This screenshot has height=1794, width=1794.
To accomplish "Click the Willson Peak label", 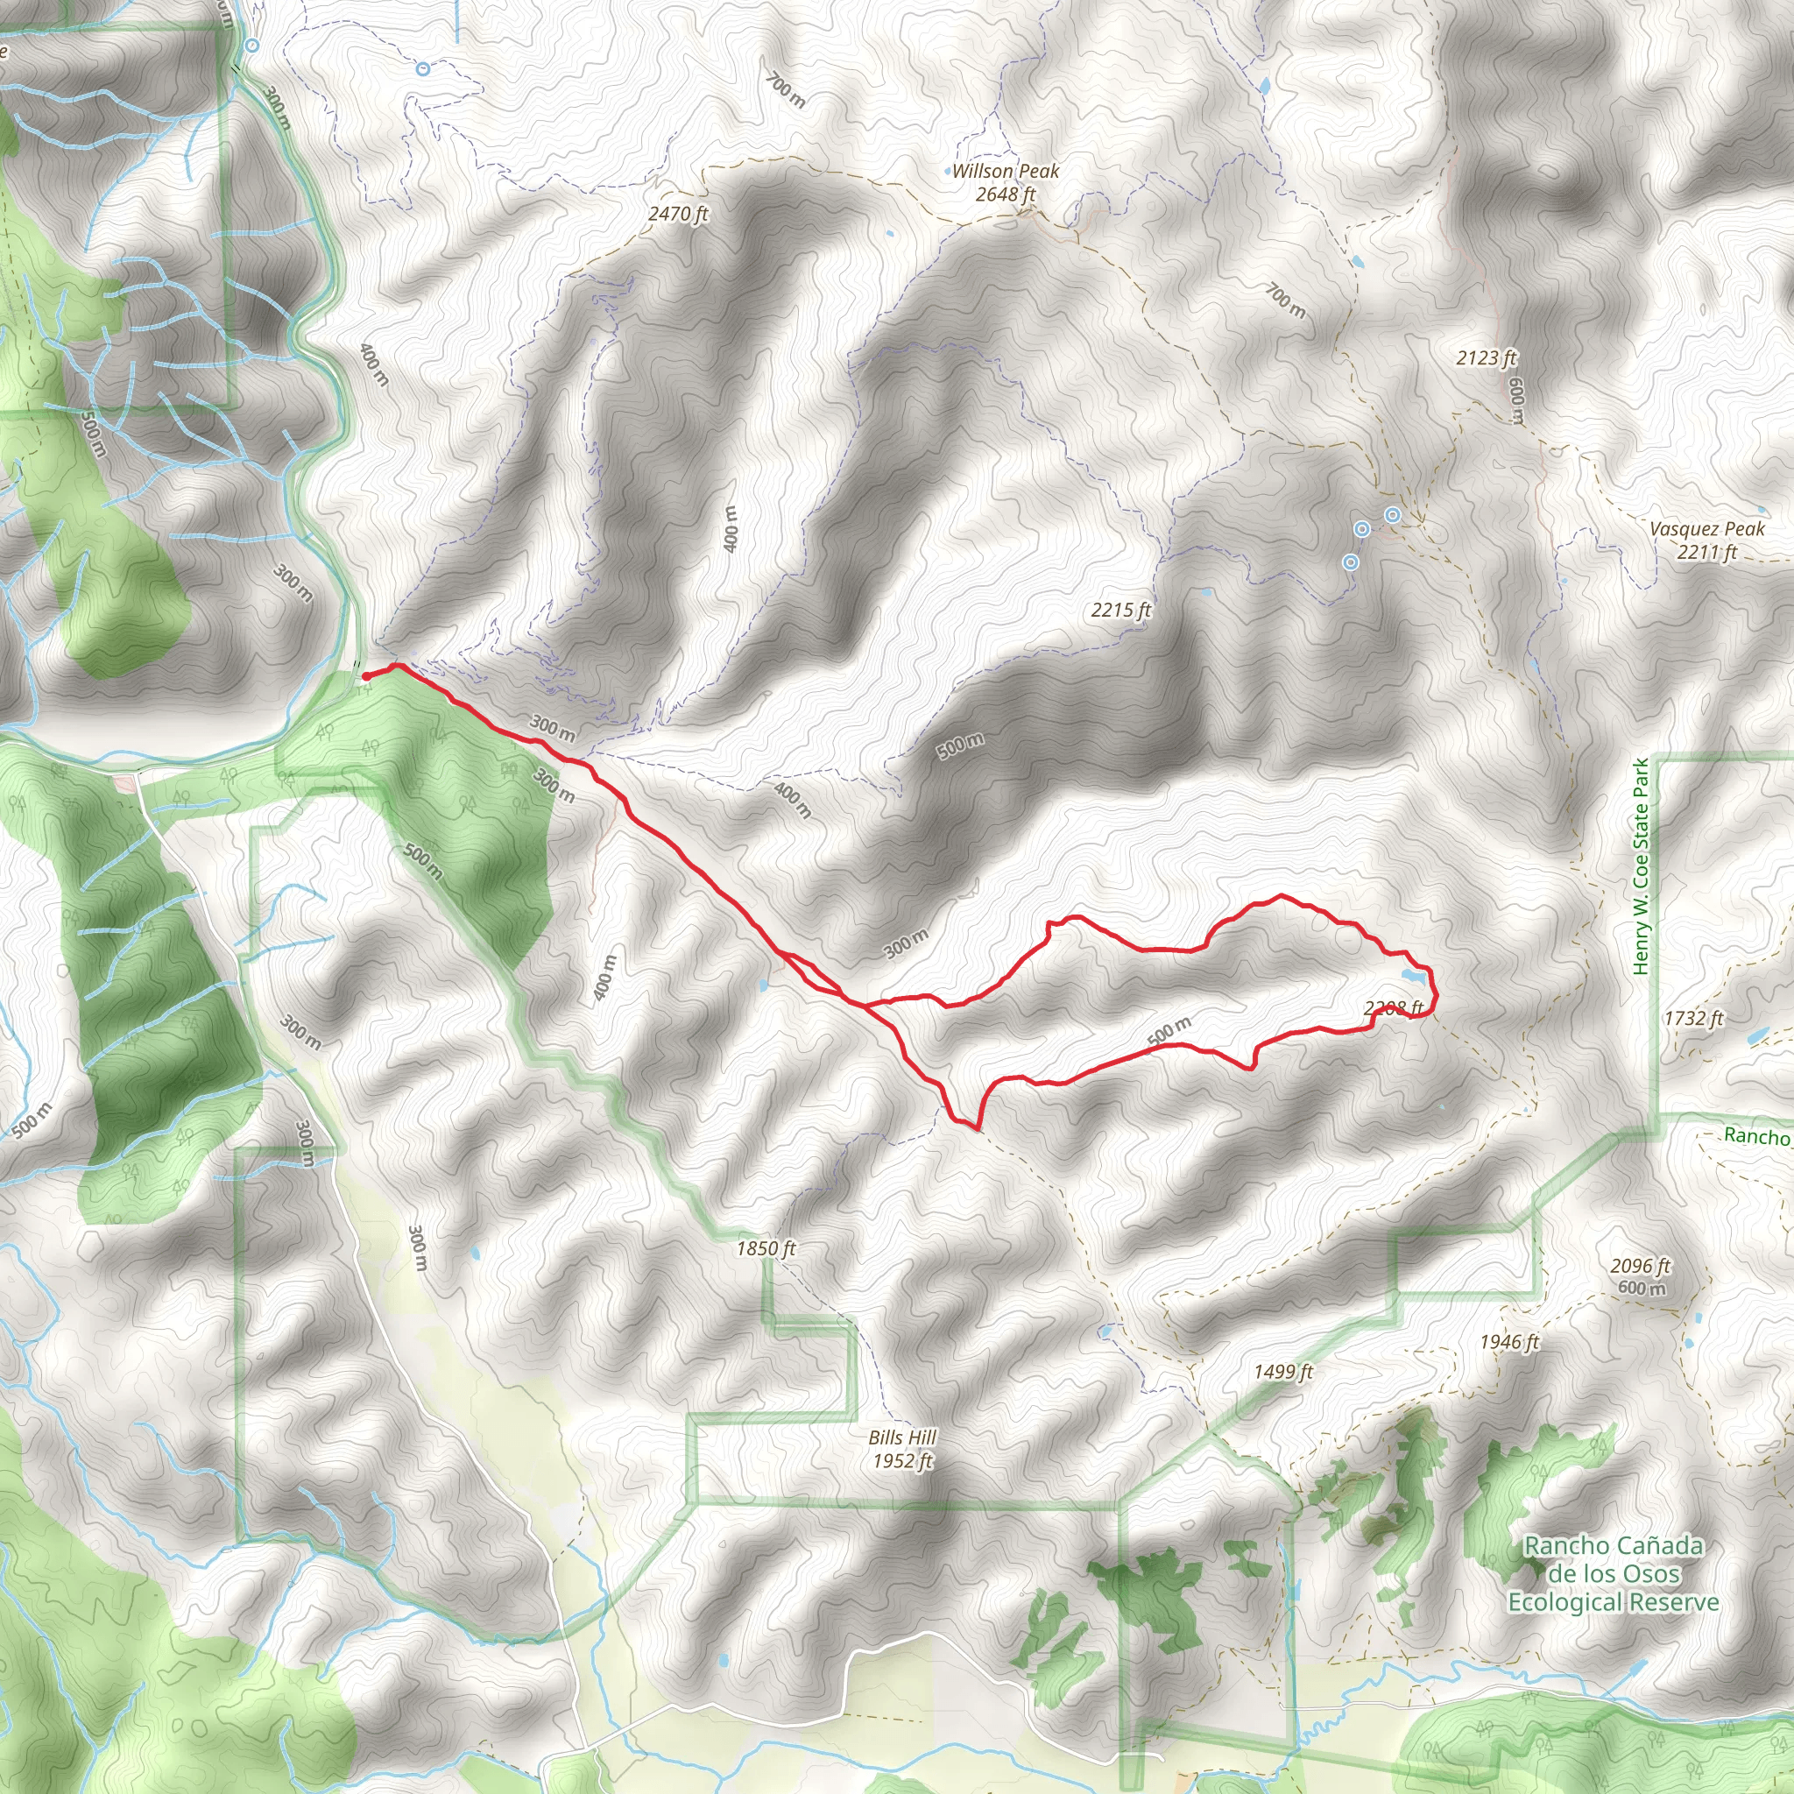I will tap(1005, 171).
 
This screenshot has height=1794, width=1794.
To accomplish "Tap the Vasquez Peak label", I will tap(1706, 528).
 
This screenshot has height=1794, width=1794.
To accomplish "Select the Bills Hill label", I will tap(901, 1437).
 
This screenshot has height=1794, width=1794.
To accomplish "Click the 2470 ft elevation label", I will tap(678, 214).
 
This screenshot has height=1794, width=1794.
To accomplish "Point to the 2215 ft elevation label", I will tap(1120, 610).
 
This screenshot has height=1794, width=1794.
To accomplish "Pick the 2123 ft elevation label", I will tap(1487, 357).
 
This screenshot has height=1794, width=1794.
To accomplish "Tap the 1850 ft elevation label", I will tap(766, 1249).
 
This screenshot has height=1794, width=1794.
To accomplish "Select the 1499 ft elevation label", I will tap(1283, 1372).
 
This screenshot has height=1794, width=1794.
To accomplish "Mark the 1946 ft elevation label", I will tap(1510, 1342).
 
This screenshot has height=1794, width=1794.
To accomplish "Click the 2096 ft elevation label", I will tap(1641, 1266).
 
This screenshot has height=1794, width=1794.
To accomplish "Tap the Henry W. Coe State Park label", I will tap(1642, 866).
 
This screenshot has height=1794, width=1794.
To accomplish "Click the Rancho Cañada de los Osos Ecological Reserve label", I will tap(1613, 1574).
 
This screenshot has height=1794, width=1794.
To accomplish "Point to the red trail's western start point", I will tap(366, 676).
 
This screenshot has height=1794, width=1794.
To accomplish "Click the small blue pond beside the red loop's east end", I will tap(1412, 976).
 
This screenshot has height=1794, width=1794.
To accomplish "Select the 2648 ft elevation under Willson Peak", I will tap(1005, 194).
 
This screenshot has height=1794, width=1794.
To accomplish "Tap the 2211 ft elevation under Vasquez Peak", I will tap(1706, 552).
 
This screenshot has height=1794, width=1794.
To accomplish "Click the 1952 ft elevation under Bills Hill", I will tap(901, 1460).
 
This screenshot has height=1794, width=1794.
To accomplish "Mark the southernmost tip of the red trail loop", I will tap(977, 1128).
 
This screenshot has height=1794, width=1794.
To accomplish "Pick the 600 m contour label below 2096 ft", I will tap(1642, 1288).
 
